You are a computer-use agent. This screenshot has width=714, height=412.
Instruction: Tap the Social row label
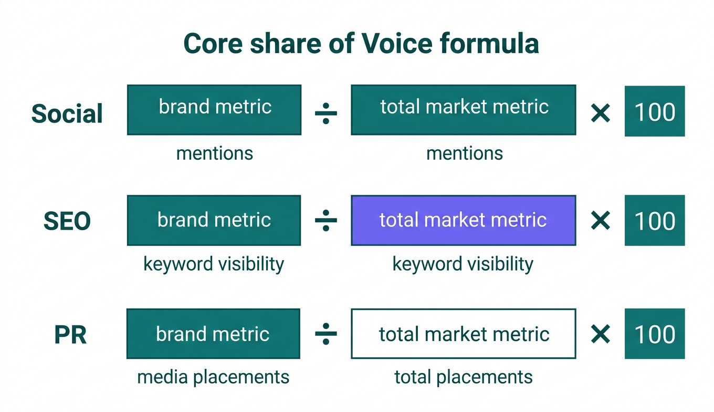(x=67, y=114)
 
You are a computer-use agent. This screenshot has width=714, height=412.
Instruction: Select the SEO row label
(x=67, y=221)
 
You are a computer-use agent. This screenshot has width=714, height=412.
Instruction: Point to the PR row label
(x=70, y=335)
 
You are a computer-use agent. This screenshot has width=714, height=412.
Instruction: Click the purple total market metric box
(x=463, y=220)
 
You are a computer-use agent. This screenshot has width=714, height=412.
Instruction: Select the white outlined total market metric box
(x=463, y=334)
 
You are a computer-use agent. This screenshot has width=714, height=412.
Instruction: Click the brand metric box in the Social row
(x=214, y=110)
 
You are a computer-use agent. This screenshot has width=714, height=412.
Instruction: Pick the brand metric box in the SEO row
(x=214, y=220)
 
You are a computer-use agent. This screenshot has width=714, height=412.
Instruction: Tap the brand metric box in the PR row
(x=213, y=334)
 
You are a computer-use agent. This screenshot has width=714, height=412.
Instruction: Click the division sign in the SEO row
(x=325, y=221)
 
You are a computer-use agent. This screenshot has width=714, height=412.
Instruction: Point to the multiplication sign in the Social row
(x=600, y=112)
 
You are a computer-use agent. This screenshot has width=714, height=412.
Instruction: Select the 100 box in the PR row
(x=654, y=334)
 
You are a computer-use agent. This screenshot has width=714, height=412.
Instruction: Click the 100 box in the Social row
(x=654, y=111)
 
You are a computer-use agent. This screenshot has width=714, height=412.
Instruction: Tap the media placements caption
(x=213, y=377)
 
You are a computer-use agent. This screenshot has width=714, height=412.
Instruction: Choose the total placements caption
(x=463, y=377)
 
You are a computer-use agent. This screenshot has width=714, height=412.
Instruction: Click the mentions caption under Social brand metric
(x=214, y=153)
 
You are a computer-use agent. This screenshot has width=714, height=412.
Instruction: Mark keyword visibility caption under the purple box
(x=463, y=264)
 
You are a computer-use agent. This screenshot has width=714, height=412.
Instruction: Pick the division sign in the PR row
(x=325, y=334)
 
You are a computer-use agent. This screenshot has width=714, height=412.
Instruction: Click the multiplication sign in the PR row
(x=600, y=334)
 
